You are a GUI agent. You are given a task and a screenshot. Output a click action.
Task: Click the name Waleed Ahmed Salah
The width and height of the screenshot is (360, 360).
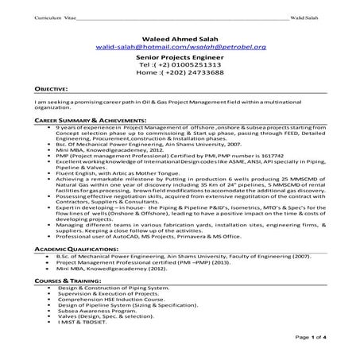pyautogui.click(x=179, y=37)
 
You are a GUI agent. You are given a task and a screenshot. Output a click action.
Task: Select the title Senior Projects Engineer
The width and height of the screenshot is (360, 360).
pyautogui.click(x=179, y=60)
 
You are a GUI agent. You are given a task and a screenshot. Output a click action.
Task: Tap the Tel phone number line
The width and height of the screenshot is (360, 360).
pyautogui.click(x=179, y=69)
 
